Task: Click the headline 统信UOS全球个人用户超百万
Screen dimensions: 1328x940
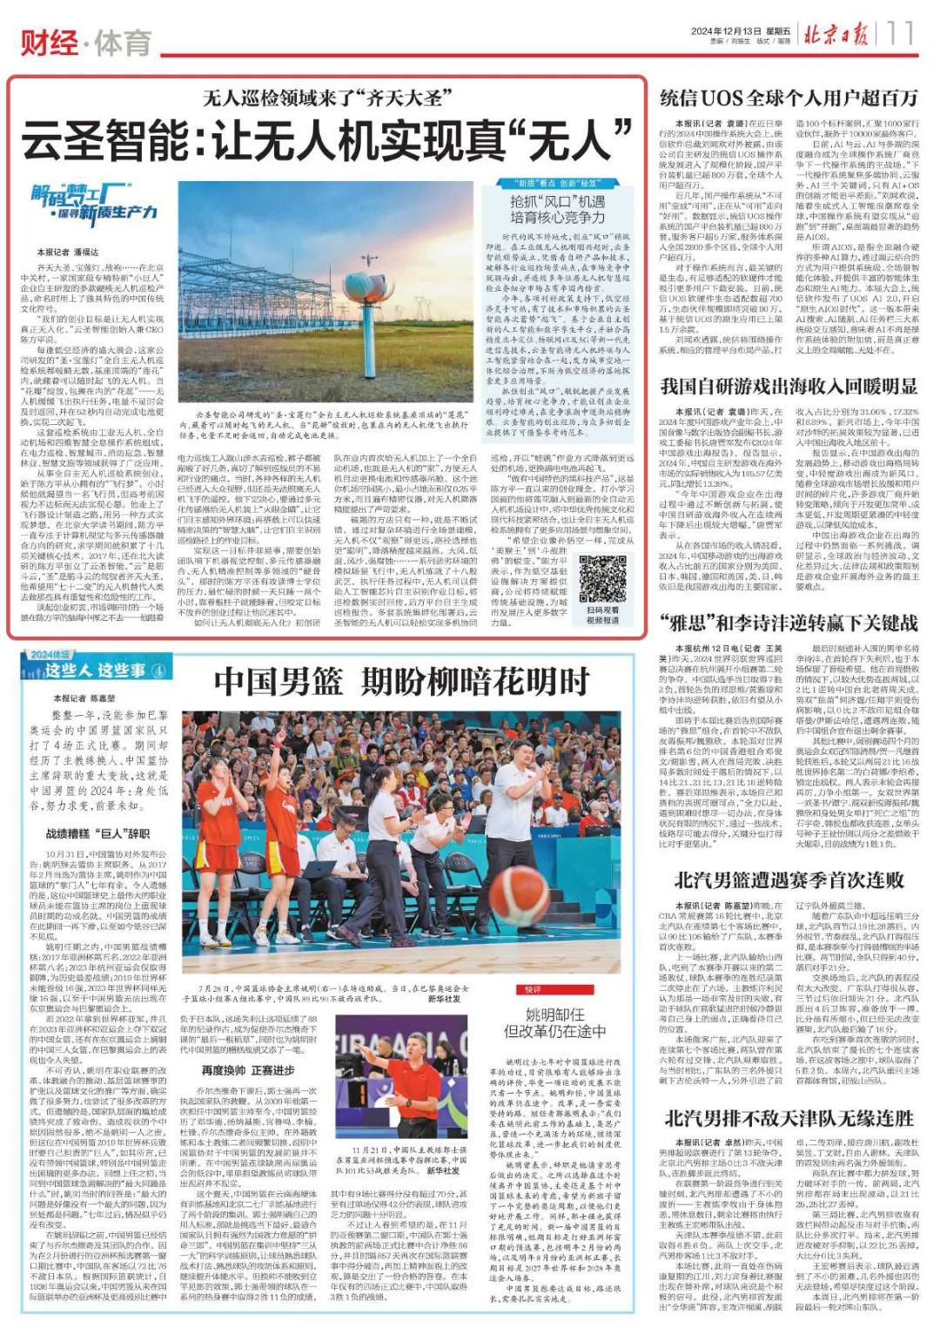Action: (x=789, y=98)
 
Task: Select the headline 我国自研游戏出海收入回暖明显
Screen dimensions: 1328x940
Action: (x=789, y=386)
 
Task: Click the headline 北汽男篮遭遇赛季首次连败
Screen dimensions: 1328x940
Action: (x=789, y=879)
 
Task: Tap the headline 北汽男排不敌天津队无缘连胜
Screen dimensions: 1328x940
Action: (x=789, y=1118)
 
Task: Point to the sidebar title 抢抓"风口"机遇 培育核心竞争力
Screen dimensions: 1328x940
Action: (x=557, y=209)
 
